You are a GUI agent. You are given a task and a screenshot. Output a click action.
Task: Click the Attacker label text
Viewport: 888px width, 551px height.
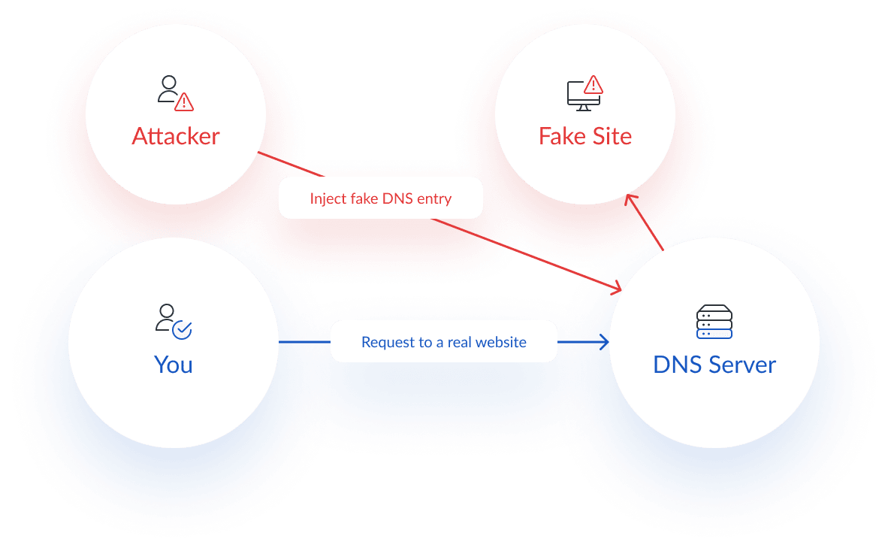click(176, 136)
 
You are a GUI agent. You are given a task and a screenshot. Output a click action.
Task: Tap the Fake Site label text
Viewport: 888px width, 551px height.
click(584, 136)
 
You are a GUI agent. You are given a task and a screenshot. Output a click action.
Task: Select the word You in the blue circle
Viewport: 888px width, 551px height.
click(174, 365)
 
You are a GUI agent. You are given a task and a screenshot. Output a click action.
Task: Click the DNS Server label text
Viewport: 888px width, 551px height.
click(714, 365)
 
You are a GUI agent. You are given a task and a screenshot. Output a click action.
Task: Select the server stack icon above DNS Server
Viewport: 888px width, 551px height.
click(714, 322)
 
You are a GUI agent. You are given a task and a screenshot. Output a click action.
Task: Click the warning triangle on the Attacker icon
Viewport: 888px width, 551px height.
click(184, 101)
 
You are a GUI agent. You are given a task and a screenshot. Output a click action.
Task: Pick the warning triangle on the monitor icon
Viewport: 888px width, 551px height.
click(594, 83)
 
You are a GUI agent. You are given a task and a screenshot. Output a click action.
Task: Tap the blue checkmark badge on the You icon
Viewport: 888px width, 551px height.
click(183, 330)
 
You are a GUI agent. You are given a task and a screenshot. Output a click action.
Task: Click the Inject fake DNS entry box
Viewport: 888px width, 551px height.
click(380, 198)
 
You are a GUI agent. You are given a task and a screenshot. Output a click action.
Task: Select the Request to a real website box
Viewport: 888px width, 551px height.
click(443, 342)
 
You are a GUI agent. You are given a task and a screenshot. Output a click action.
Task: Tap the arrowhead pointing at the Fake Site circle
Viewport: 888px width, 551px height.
click(632, 197)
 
